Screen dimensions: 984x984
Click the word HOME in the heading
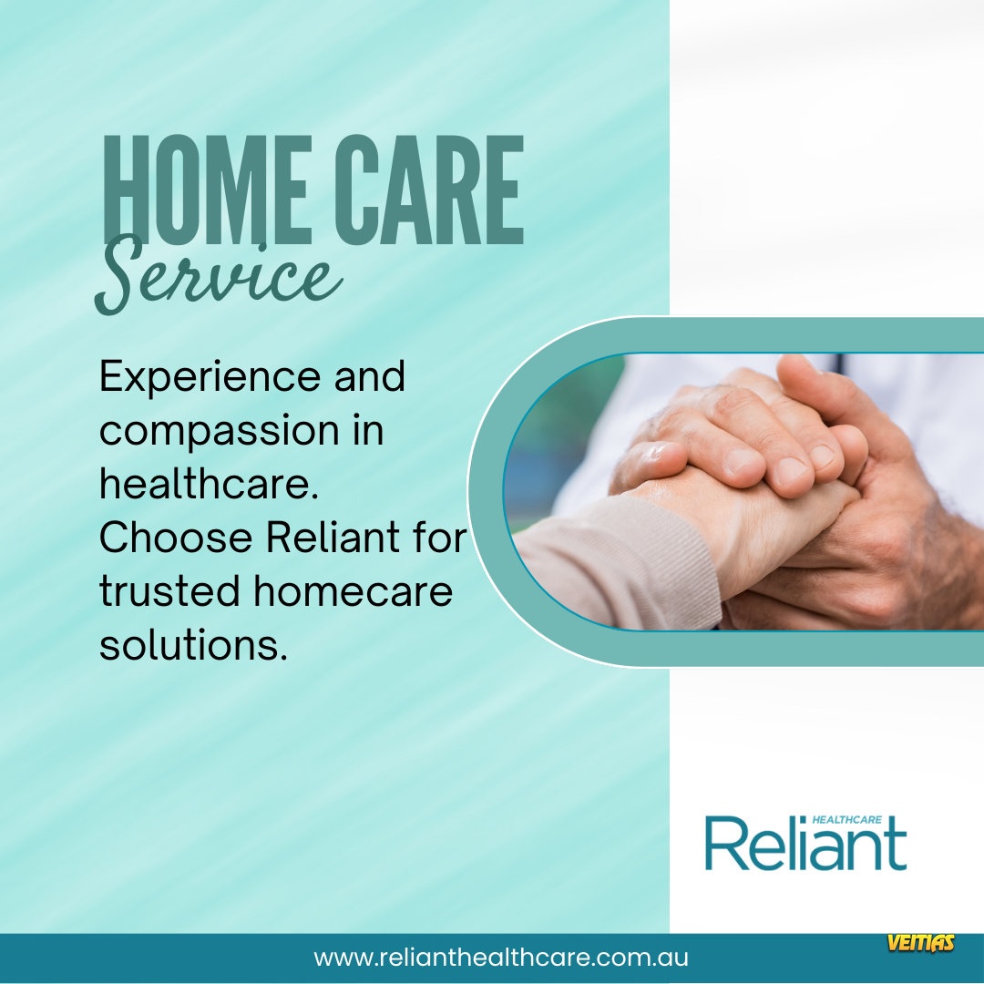(x=207, y=190)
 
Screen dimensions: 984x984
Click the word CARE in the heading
(x=429, y=190)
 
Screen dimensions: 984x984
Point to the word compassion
(x=220, y=432)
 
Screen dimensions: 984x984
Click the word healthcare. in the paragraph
(x=209, y=484)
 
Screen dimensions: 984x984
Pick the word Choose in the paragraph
(x=176, y=538)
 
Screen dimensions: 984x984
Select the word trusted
(x=169, y=591)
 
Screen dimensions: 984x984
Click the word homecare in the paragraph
(x=353, y=591)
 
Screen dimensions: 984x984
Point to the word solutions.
(x=193, y=645)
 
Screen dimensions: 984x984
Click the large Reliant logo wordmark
(x=805, y=844)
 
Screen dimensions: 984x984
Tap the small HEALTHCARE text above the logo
(x=846, y=820)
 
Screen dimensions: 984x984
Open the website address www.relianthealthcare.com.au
(x=501, y=958)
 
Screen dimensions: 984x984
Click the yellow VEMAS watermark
(x=920, y=943)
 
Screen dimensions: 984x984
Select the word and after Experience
(x=370, y=376)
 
